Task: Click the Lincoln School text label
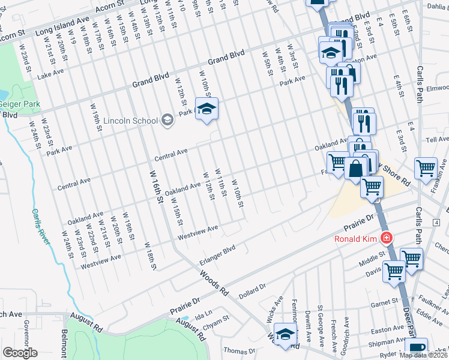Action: click(x=130, y=120)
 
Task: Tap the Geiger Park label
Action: click(x=20, y=104)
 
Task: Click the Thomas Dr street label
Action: click(x=235, y=350)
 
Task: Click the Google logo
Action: click(x=20, y=352)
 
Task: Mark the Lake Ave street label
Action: click(x=50, y=74)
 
